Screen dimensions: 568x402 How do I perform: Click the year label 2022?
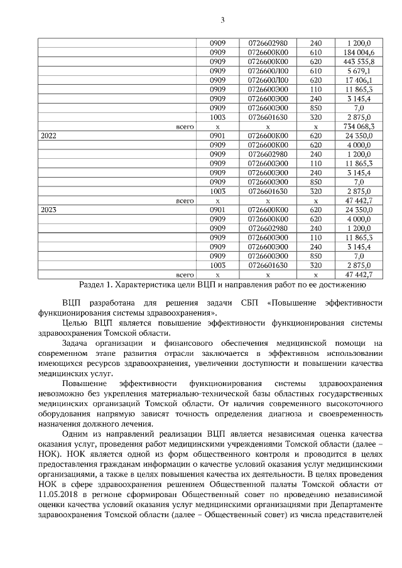48,136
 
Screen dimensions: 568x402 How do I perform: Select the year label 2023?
48,210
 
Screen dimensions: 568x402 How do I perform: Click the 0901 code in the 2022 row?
217,136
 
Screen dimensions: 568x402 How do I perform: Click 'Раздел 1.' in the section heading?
96,284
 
